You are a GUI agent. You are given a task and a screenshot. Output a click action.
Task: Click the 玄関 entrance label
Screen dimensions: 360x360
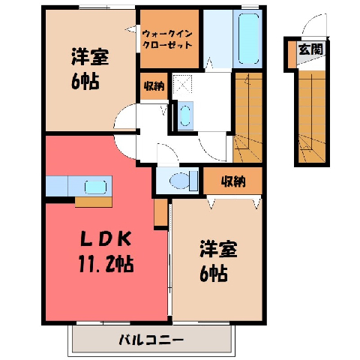310,49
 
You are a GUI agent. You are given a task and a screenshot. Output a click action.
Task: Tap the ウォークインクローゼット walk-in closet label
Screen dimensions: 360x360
167,40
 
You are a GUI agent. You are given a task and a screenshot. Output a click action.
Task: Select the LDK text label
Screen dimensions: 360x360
106,239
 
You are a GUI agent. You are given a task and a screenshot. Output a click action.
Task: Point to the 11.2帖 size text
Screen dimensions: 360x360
106,263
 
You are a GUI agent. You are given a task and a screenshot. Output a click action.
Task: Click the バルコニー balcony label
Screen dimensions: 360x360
151,340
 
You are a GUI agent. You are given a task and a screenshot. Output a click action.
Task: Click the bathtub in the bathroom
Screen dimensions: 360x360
248,39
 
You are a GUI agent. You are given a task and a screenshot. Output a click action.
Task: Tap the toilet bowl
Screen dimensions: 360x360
179,181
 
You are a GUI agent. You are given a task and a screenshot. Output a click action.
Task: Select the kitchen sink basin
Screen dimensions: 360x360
95,187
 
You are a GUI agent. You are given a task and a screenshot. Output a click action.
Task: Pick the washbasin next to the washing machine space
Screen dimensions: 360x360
185,115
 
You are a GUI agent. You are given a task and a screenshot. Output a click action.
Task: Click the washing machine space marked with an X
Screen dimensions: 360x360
182,85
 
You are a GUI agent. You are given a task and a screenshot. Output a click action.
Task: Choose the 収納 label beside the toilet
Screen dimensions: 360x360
233,181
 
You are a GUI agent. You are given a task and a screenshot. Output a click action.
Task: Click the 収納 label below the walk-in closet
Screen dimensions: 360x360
154,86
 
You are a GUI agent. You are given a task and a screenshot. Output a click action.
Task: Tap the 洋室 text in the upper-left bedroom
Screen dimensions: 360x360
90,57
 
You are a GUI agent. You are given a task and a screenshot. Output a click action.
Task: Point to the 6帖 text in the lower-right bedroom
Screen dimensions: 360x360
213,274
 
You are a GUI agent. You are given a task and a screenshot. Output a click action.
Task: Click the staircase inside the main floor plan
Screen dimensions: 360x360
247,118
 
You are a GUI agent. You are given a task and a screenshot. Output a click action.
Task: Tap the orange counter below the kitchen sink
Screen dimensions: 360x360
94,202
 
